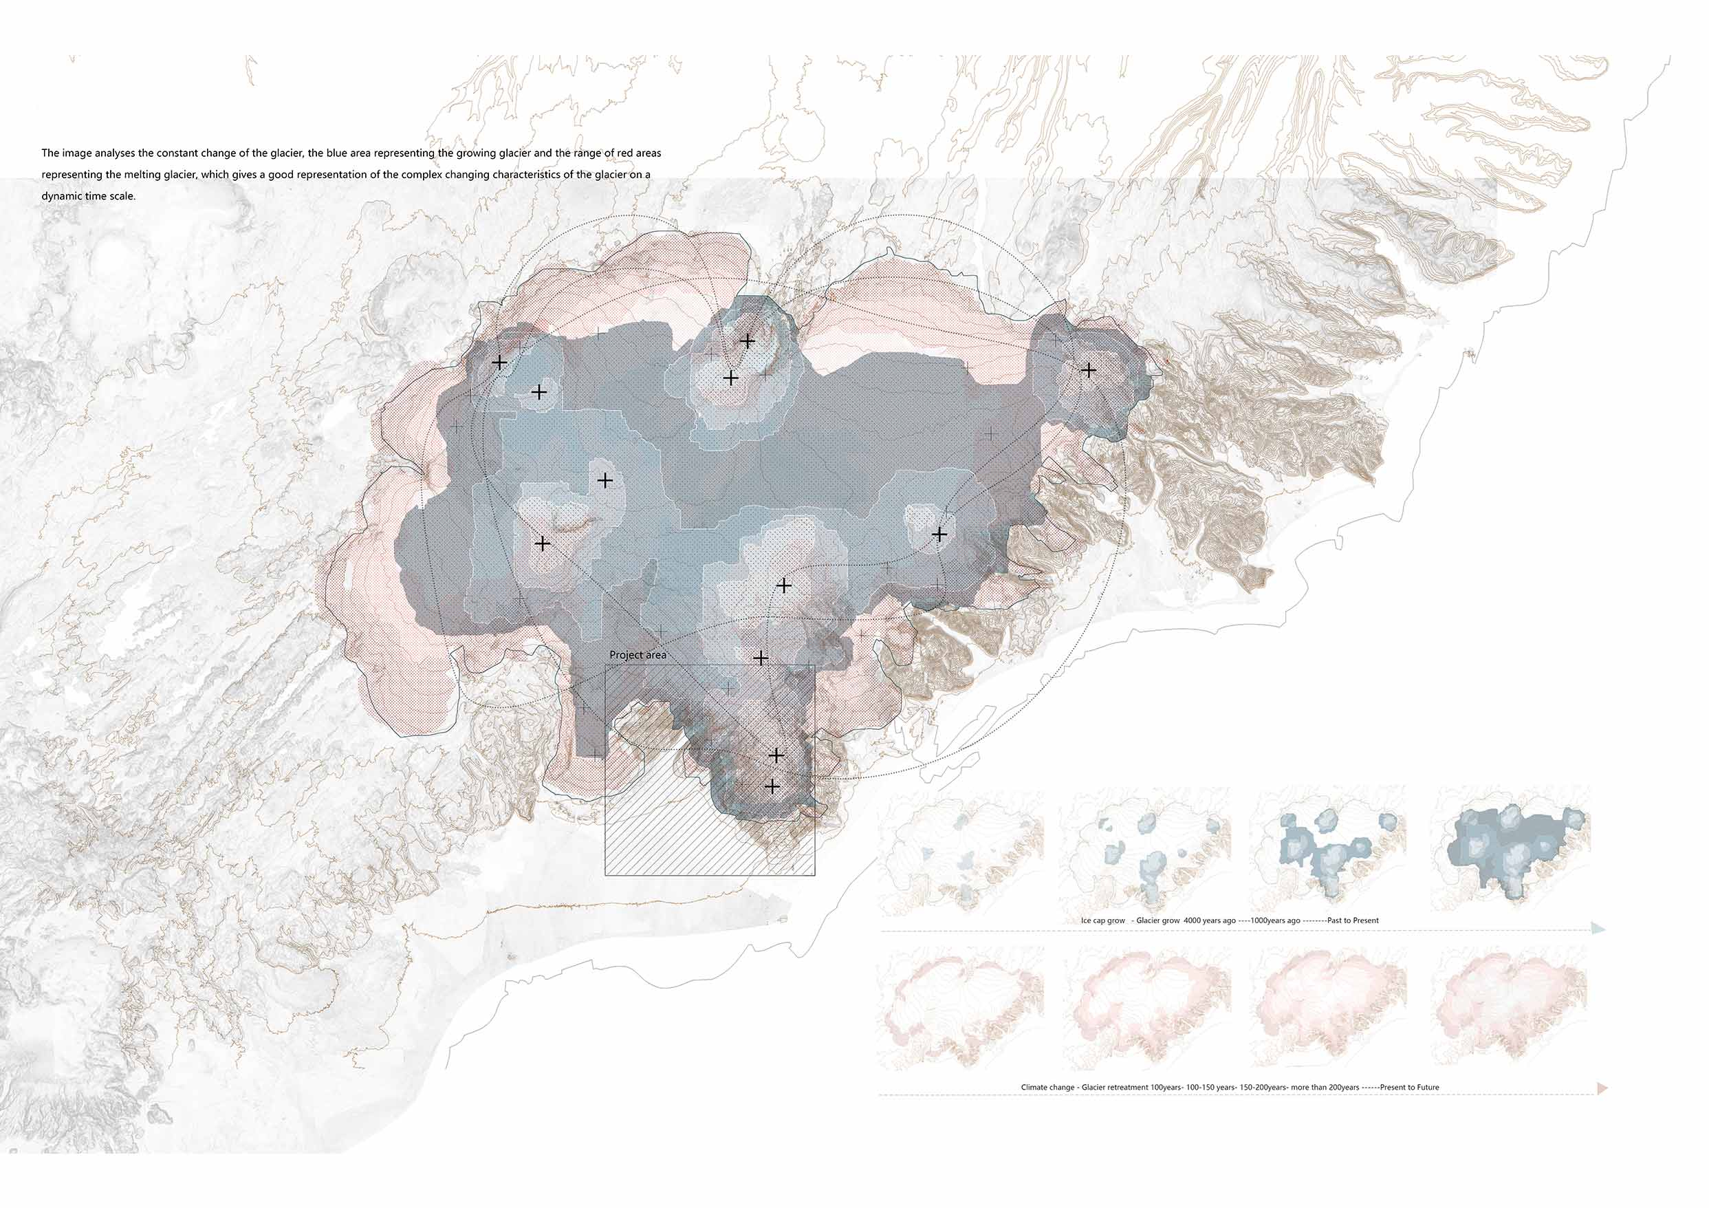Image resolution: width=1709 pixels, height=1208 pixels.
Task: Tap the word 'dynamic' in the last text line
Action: pos(65,197)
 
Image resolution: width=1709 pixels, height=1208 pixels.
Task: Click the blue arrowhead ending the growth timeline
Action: pos(1598,928)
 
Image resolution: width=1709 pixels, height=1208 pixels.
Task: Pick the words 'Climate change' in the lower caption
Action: pos(1048,1088)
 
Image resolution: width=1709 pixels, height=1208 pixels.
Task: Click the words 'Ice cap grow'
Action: pos(1103,920)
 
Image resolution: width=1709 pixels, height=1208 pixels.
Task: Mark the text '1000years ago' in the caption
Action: pos(1275,920)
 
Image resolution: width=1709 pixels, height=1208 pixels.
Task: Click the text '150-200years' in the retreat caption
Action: pos(1263,1088)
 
